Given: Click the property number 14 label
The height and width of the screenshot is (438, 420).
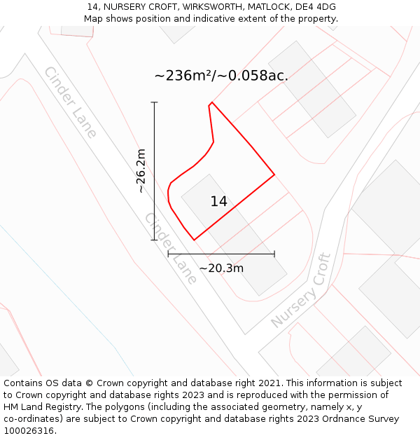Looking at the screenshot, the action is [218, 202].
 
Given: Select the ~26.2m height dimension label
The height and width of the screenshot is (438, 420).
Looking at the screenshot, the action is [141, 170].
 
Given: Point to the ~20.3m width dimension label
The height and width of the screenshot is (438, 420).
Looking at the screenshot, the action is [221, 268].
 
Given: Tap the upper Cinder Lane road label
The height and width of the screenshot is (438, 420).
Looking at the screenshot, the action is [70, 102].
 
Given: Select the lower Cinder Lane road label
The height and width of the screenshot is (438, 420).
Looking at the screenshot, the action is [171, 248].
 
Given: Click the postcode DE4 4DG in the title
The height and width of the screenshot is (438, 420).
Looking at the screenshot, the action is [316, 7].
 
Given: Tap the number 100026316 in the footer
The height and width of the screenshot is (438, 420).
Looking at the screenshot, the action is [28, 431].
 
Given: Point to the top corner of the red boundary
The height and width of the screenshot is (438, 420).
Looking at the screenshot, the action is [211, 102].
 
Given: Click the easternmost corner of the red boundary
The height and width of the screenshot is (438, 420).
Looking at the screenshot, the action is [274, 174].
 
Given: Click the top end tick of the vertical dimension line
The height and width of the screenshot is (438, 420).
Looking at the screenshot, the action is [154, 102].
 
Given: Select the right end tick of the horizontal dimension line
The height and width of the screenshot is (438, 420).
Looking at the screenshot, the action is [274, 254].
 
